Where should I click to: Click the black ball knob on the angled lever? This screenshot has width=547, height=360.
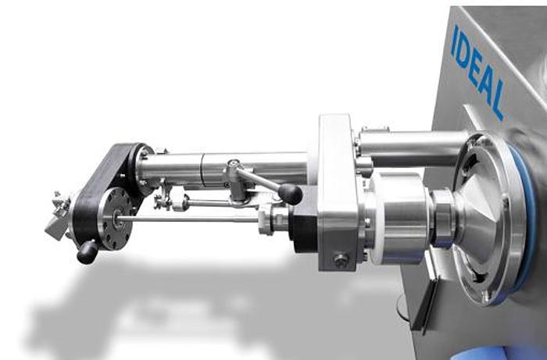(x=290, y=193)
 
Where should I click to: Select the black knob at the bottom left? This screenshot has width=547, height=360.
(x=87, y=251)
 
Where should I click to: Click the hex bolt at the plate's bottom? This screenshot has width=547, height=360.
(x=341, y=261)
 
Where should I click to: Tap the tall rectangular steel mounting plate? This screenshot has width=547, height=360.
(x=335, y=191)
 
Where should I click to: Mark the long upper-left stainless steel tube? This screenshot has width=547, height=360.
(x=227, y=166)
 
